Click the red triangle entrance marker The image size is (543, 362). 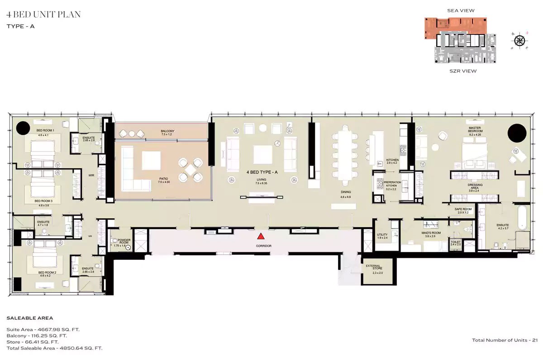[261, 236]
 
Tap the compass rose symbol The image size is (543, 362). [519, 40]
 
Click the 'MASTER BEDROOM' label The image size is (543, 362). [476, 129]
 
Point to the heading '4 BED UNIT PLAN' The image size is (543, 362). [44, 15]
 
